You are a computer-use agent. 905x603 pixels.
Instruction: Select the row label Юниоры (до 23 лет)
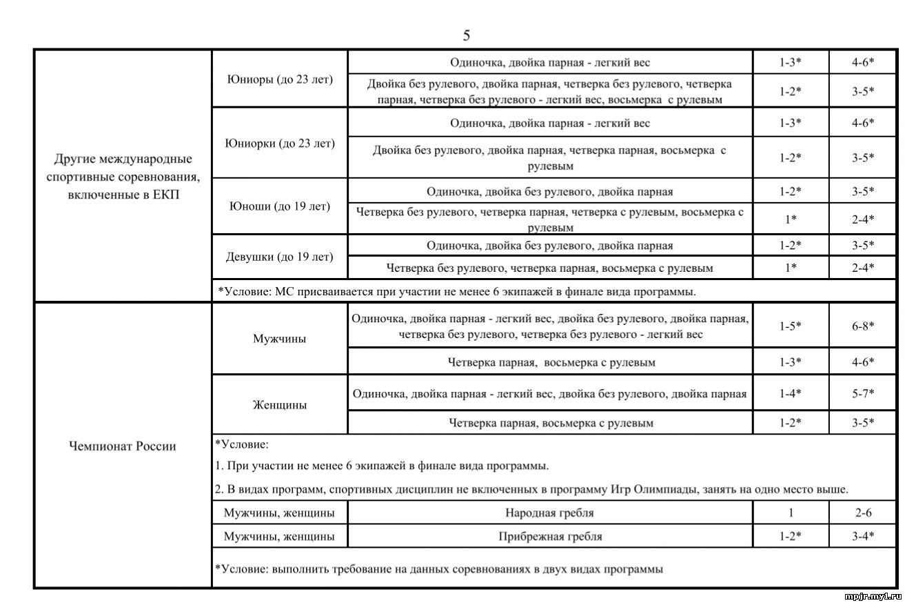click(280, 79)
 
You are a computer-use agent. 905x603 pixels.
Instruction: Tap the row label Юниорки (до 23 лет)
click(280, 144)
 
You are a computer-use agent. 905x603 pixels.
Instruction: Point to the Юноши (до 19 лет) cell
click(280, 206)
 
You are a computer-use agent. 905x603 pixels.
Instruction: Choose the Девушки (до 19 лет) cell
click(280, 257)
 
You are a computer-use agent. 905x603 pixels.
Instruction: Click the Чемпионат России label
click(122, 446)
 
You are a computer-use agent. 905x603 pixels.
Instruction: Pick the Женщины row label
click(280, 405)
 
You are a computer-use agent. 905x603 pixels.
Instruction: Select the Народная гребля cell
click(549, 513)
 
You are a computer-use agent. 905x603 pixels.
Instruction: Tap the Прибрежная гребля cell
click(549, 536)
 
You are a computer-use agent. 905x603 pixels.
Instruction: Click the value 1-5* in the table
click(790, 325)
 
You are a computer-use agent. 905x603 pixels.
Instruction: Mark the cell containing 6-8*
click(862, 325)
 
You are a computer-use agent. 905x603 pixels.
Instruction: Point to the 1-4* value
click(790, 394)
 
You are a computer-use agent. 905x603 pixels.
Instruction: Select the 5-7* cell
click(862, 394)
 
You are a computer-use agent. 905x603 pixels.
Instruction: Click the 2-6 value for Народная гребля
click(862, 513)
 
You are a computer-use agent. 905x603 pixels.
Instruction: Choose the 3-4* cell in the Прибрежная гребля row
click(862, 536)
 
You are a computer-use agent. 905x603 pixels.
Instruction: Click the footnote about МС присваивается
click(457, 291)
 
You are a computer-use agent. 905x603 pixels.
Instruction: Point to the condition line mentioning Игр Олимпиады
click(531, 489)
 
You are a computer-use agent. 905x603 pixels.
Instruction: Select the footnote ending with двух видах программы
click(439, 569)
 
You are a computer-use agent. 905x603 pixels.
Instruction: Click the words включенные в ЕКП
click(123, 195)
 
